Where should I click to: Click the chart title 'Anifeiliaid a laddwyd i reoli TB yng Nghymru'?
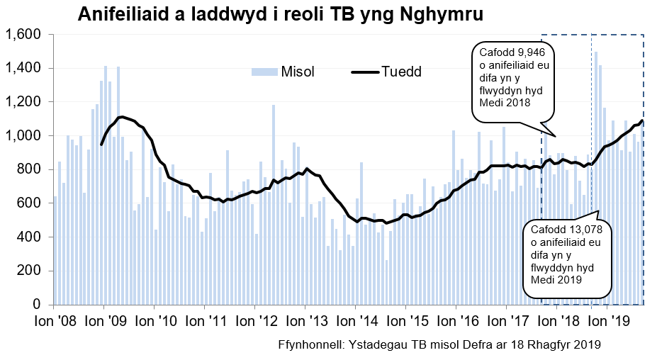tap(281, 15)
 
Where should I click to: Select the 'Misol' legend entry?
tap(298, 72)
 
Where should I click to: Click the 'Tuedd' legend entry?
tap(402, 72)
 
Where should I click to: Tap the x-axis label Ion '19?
tap(607, 320)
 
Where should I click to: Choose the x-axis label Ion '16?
tap(456, 320)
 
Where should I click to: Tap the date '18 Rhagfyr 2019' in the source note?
tap(559, 346)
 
